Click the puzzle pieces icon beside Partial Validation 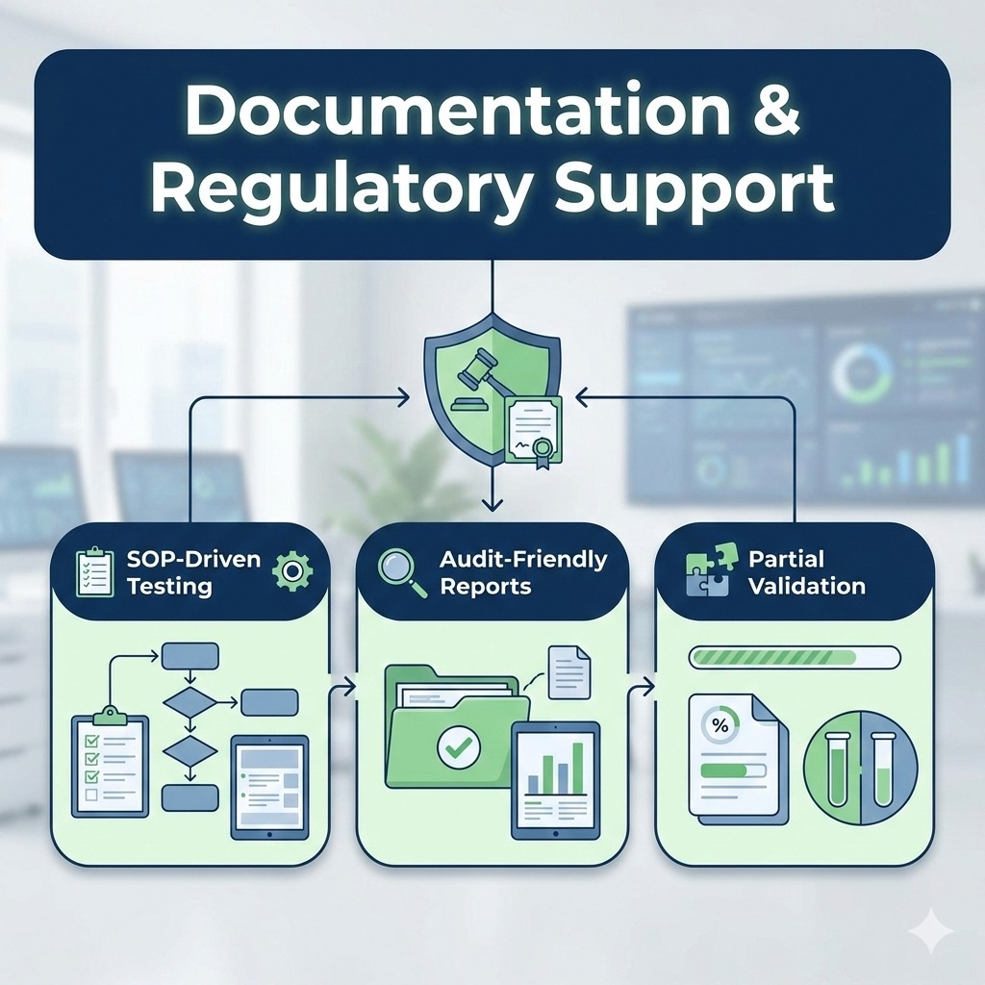707,570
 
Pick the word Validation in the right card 806,586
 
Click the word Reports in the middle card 486,586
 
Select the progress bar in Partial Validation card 795,657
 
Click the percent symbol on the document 717,722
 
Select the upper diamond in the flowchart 189,703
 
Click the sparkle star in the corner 930,931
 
